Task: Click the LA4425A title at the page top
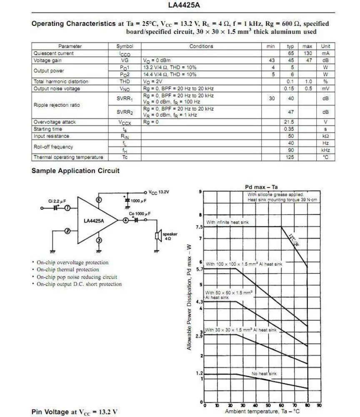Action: [180, 6]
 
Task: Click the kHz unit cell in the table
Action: [325, 150]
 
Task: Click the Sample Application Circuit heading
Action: [75, 171]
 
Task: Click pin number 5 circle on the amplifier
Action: [98, 200]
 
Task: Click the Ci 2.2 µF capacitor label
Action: [57, 201]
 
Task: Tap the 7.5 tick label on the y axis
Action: [199, 227]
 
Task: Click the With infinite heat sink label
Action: [227, 223]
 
